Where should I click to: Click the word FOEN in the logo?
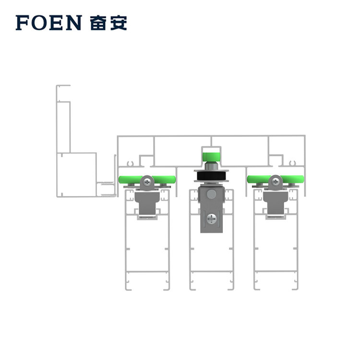pyautogui.click(x=48, y=23)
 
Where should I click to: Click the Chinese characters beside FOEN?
pyautogui.click(x=108, y=23)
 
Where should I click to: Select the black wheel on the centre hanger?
pyautogui.click(x=211, y=176)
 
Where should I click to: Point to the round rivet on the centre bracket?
pyautogui.click(x=211, y=194)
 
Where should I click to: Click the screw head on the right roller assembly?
pyautogui.click(x=276, y=181)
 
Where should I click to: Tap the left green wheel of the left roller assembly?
pyautogui.click(x=129, y=180)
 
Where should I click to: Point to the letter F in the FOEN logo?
pyautogui.click(x=22, y=23)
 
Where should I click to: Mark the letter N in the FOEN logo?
pyautogui.click(x=74, y=23)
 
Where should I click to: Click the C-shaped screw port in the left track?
pyautogui.click(x=131, y=163)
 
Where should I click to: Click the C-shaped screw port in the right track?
pyautogui.click(x=291, y=163)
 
